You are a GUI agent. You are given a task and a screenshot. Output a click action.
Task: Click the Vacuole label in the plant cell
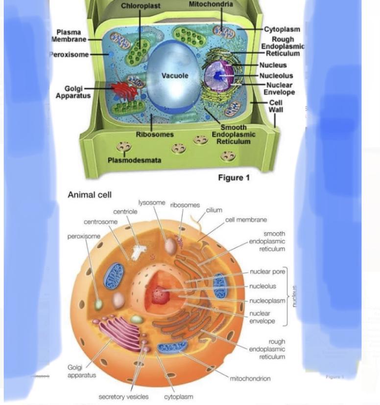175,76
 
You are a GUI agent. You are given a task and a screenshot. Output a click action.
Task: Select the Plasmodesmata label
134,160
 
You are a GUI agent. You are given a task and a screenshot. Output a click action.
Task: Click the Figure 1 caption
234,178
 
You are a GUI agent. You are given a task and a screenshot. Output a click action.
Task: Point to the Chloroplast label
141,5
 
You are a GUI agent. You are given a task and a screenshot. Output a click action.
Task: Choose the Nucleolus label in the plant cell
276,76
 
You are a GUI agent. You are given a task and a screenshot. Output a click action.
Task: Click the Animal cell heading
90,195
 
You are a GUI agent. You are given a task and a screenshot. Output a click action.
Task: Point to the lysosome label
152,203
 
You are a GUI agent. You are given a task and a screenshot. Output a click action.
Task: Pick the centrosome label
100,222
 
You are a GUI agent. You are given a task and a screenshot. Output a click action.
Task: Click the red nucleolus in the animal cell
159,294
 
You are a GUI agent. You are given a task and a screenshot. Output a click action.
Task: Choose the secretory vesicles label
123,397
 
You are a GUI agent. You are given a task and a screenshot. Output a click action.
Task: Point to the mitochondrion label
250,378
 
